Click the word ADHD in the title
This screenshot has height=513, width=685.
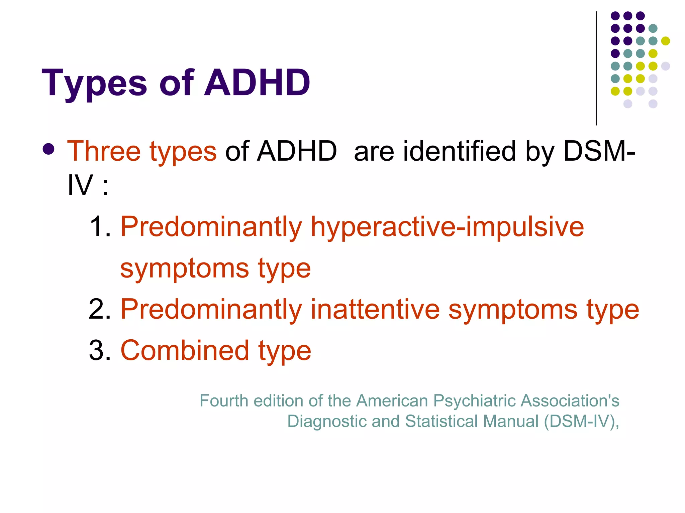(257, 82)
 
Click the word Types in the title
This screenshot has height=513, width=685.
(94, 82)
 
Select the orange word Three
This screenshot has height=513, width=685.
(104, 151)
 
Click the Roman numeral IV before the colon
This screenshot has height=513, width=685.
(80, 185)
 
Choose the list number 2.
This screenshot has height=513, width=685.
(99, 309)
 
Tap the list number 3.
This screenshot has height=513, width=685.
(99, 350)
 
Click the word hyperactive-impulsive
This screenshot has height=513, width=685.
(447, 227)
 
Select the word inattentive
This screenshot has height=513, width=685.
(375, 309)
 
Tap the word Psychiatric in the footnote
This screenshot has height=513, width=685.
(474, 400)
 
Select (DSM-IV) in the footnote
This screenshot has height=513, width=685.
(580, 421)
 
